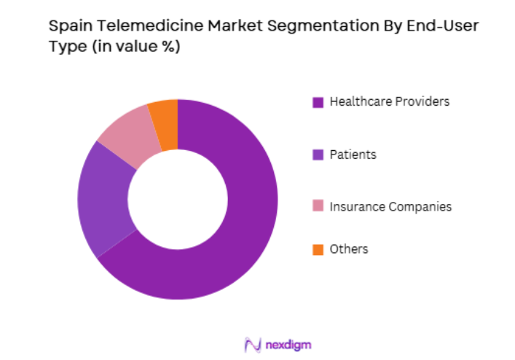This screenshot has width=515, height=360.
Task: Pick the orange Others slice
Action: (165, 117)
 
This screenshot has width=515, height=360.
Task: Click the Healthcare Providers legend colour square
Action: (318, 102)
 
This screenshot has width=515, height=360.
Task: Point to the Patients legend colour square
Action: (318, 154)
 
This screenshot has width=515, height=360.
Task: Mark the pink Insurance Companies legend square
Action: (318, 207)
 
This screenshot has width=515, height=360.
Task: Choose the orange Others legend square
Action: (318, 250)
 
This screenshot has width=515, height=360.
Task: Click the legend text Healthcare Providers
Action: (389, 101)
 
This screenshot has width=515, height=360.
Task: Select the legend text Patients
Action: (353, 154)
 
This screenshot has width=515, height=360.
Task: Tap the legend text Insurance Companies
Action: (390, 207)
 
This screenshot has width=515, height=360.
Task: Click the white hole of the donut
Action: (178, 199)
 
